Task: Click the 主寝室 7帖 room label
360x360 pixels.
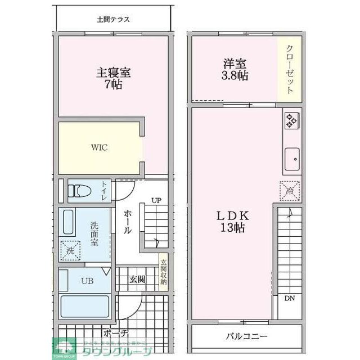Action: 113,79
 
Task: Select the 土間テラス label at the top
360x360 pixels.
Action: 113,20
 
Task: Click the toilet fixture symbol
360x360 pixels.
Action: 80,191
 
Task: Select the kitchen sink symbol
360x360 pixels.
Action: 292,158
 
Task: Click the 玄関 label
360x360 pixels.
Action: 137,279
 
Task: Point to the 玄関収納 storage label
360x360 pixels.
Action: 164,273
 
